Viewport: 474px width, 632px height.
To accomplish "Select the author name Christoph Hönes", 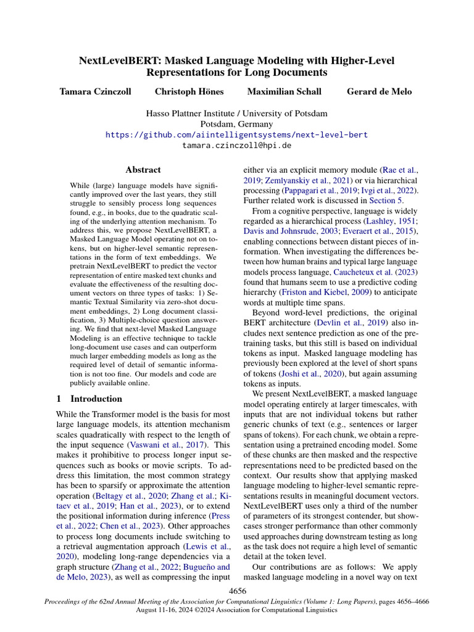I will tap(189, 92).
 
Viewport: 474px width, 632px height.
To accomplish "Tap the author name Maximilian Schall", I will tap(284, 92).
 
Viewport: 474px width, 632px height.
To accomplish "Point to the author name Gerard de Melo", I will tap(379, 92).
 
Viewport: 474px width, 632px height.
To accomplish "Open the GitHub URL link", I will tap(236, 135).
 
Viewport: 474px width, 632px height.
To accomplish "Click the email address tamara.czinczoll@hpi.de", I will tap(236, 146).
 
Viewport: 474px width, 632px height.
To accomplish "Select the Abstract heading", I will tap(143, 170).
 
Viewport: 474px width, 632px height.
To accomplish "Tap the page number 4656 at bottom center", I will tap(237, 591).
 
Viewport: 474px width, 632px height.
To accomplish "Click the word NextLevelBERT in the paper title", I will tap(115, 60).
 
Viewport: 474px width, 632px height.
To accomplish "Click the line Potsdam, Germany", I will tap(236, 124).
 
